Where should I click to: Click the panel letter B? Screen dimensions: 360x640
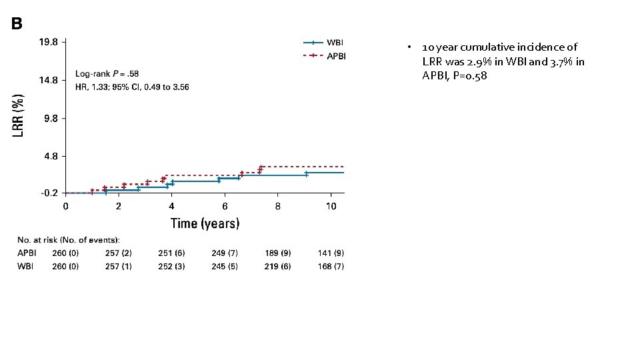pyautogui.click(x=17, y=24)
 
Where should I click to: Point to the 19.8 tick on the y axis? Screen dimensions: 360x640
pyautogui.click(x=49, y=41)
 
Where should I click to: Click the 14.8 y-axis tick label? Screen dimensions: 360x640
pyautogui.click(x=49, y=80)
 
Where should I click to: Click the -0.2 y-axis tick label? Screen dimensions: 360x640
pyautogui.click(x=49, y=193)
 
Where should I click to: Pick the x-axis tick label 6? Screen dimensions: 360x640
pyautogui.click(x=225, y=207)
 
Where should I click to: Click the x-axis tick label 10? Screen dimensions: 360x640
pyautogui.click(x=331, y=207)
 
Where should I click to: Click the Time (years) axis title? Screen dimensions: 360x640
pyautogui.click(x=205, y=223)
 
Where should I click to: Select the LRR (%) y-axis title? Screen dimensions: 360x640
pyautogui.click(x=20, y=116)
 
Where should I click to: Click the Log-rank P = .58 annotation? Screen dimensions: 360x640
pyautogui.click(x=107, y=73)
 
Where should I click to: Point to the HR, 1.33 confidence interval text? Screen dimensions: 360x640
pyautogui.click(x=131, y=87)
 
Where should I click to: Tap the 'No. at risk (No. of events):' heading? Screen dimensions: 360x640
pyautogui.click(x=69, y=240)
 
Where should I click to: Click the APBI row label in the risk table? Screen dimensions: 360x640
pyautogui.click(x=28, y=253)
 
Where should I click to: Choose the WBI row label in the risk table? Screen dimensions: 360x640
pyautogui.click(x=26, y=267)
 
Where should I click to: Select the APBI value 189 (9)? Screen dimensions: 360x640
pyautogui.click(x=277, y=253)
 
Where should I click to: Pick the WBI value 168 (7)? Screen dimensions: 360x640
pyautogui.click(x=331, y=267)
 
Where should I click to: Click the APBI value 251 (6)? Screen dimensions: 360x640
pyautogui.click(x=171, y=253)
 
